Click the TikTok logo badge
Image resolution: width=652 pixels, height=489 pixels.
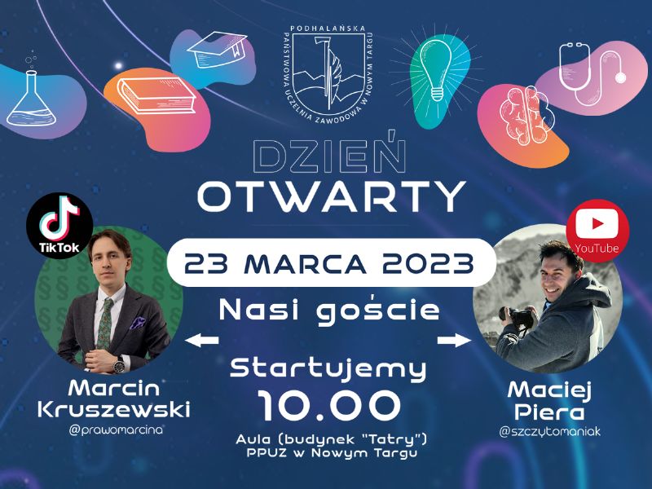tap(59, 226)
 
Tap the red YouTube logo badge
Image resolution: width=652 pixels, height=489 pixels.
tap(597, 231)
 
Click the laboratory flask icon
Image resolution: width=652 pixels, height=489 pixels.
tap(31, 99)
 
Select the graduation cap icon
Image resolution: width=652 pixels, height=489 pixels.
tap(214, 50)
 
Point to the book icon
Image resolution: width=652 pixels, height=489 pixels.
tap(156, 95)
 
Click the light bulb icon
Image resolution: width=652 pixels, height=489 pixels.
tap(435, 71)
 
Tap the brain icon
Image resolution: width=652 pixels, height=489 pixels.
tap(526, 114)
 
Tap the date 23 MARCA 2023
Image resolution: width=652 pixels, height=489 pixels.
tap(329, 263)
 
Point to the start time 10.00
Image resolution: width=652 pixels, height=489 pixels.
tap(330, 405)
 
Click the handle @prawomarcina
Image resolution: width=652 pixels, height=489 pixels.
tap(116, 430)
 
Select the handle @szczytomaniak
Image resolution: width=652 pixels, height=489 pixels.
tap(549, 432)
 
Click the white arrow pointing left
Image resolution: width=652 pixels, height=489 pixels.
tap(201, 340)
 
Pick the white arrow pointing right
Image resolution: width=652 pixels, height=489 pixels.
tap(454, 340)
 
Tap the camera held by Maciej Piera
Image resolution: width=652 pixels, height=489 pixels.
tap(517, 318)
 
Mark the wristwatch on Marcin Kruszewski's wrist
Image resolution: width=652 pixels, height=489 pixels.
tap(119, 365)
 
